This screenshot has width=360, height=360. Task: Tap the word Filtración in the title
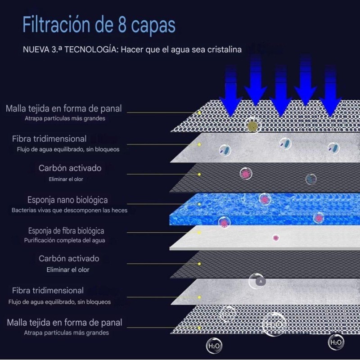click(56, 24)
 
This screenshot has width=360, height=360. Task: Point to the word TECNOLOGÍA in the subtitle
click(91, 49)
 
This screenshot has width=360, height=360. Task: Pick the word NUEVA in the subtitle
click(36, 49)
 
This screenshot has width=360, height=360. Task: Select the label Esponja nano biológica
click(67, 200)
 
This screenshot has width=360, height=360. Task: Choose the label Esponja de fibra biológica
click(66, 231)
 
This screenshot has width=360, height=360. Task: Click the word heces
click(119, 210)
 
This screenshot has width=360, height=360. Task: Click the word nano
click(65, 200)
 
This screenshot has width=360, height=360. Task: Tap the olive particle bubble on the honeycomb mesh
click(252, 125)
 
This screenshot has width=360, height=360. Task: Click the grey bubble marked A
click(261, 281)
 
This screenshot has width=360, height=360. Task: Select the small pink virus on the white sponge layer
click(276, 238)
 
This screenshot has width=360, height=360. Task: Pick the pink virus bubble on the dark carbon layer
click(246, 173)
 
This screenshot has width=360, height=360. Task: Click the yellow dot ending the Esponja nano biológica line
click(199, 204)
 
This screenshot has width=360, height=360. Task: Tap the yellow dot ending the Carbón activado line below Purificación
click(199, 264)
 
